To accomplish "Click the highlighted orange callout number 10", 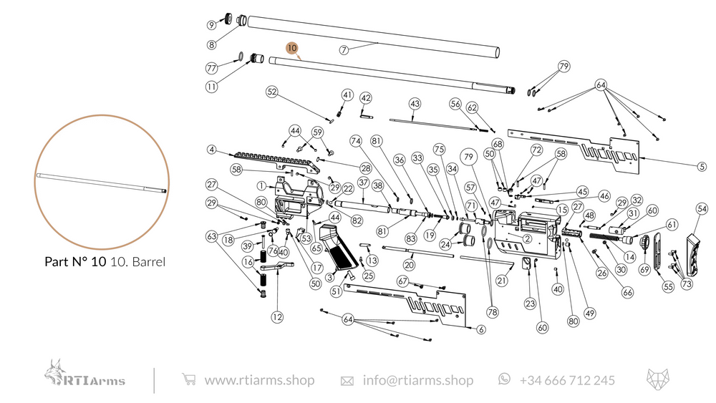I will pos(291,47).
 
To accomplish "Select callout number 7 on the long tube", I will pos(344,49).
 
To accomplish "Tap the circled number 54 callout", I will pos(701,208).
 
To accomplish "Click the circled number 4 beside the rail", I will pos(212,150).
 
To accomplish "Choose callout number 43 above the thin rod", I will pos(415,104).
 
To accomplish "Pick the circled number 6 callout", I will pos(481,329).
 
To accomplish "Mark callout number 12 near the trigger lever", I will pos(276,315).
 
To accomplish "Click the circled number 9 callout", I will pos(212,25).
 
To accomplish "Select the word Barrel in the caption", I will pos(147,262).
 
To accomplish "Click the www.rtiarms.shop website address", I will pos(259,380).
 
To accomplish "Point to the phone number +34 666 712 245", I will pos(566,380).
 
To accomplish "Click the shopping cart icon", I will pos(188,379).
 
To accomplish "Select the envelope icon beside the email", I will pos(347,380).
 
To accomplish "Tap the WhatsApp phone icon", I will pos(505,379).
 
